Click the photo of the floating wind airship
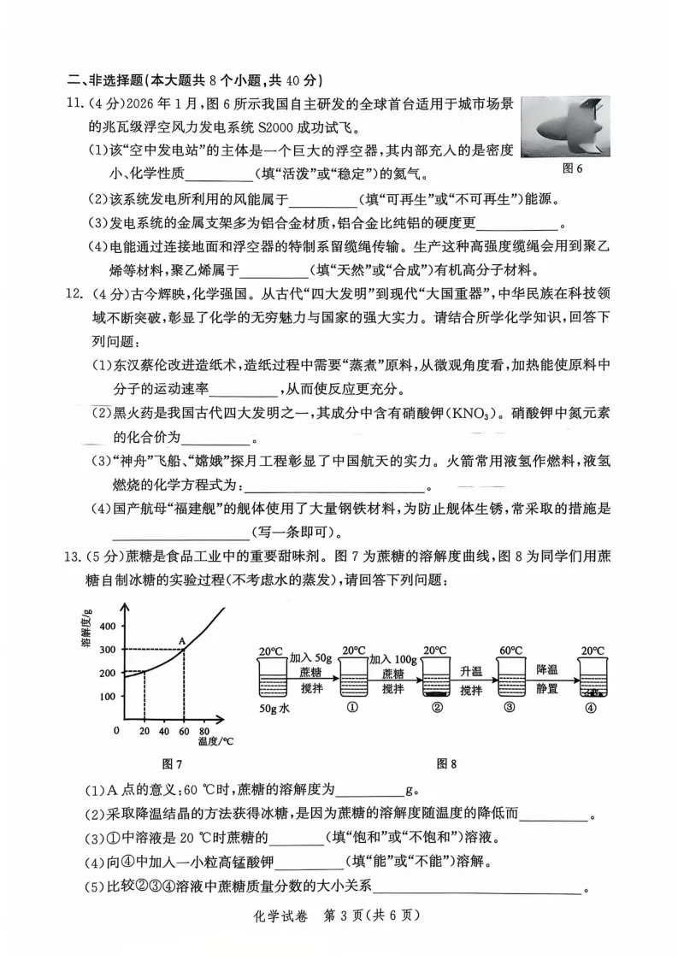565,127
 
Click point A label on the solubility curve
181,640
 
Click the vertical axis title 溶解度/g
87,628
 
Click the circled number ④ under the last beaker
589,707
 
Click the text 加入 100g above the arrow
393,659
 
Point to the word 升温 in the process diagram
472,670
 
